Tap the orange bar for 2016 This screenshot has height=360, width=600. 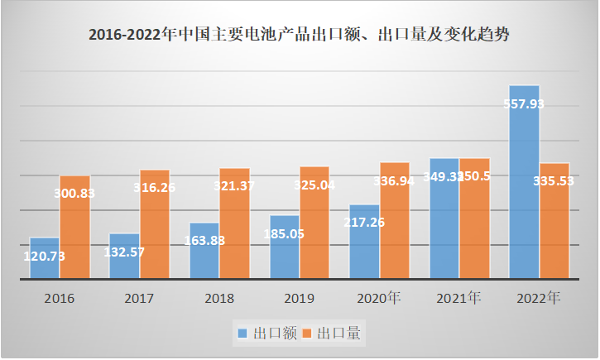75,228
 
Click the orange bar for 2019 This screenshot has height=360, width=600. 314,223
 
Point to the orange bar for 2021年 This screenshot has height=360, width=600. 475,218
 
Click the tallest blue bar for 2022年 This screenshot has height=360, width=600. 524,182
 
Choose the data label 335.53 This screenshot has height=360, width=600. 554,181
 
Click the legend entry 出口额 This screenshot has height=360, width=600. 265,333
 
